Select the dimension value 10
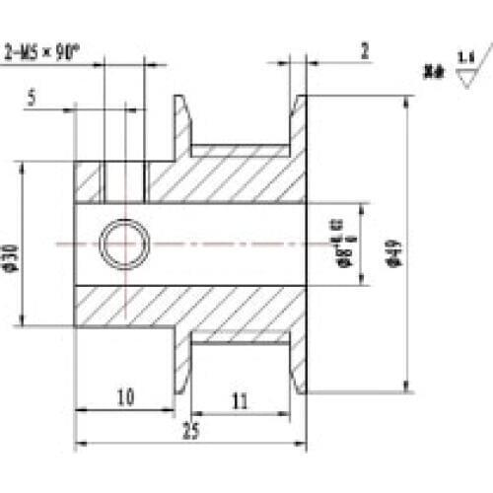pos(124,397)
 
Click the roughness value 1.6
pos(464,62)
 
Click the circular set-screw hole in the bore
pos(124,244)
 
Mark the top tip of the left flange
pos(181,99)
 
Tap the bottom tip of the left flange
pos(181,390)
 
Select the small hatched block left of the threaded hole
pos(89,179)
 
